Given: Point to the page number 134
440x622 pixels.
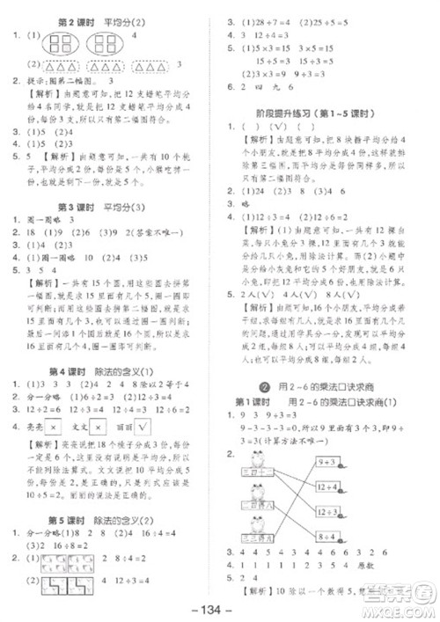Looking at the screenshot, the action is pyautogui.click(x=220, y=608).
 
